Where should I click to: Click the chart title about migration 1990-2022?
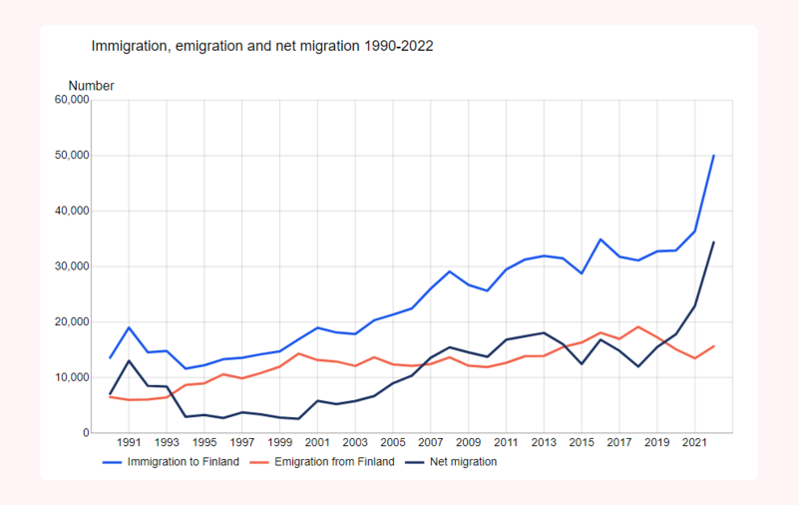pyautogui.click(x=261, y=46)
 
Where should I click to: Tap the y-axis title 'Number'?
pyautogui.click(x=91, y=86)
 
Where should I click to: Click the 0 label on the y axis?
pyautogui.click(x=86, y=433)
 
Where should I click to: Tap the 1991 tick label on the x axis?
pyautogui.click(x=129, y=443)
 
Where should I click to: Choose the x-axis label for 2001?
pyautogui.click(x=317, y=443)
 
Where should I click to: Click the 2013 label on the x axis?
pyautogui.click(x=543, y=443)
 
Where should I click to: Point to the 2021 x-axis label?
pyautogui.click(x=694, y=443)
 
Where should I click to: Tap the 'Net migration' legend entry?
pyautogui.click(x=463, y=462)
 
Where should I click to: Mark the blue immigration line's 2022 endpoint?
pyautogui.click(x=713, y=156)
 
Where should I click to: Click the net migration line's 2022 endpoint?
pyautogui.click(x=713, y=242)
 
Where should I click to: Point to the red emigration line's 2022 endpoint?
pyautogui.click(x=713, y=346)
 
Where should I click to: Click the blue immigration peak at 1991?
pyautogui.click(x=129, y=327)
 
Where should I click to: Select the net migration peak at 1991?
pyautogui.click(x=129, y=360)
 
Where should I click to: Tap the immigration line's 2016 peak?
pyautogui.click(x=599, y=240)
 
